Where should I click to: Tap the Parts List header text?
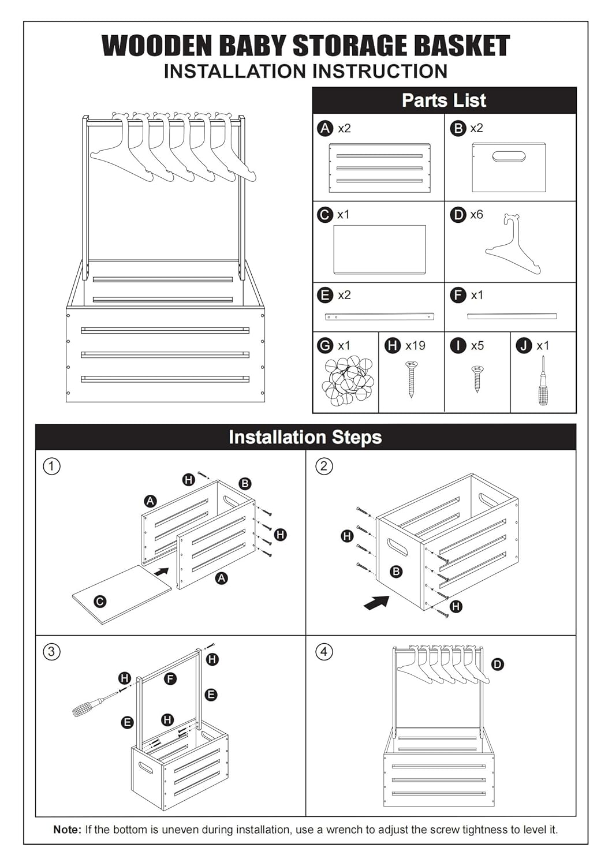coord(444,100)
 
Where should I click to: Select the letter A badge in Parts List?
coord(324,128)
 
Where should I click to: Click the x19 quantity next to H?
coord(415,345)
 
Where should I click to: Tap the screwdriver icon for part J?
coord(543,380)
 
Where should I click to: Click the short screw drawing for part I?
coord(477,379)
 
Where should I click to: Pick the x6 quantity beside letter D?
coord(477,215)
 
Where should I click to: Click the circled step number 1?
coord(51,466)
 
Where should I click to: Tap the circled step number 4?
coord(323,652)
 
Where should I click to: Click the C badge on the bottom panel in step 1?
coord(100,602)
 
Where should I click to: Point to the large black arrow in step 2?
coord(376,603)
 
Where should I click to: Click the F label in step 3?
coord(170,678)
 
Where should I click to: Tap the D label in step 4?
coord(497,665)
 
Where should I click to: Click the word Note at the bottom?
coord(68,829)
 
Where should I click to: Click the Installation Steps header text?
coord(305,437)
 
